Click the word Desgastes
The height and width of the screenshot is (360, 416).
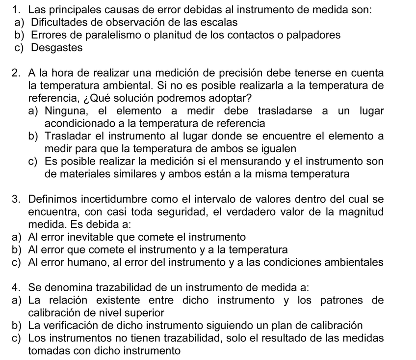coord(56,48)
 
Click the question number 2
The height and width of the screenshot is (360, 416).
coord(17,73)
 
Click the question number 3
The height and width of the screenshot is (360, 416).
coord(17,199)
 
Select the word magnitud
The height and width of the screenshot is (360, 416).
coord(362,212)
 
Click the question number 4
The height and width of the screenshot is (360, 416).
coord(17,287)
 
